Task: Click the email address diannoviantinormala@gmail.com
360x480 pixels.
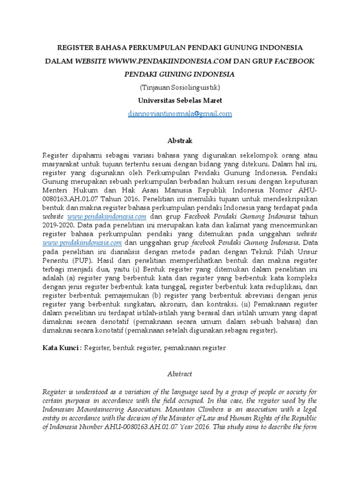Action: pos(180,113)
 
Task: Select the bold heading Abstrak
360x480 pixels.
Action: pos(180,141)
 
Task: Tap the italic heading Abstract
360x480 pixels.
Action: pos(180,374)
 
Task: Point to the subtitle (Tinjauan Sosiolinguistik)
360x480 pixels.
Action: pos(180,87)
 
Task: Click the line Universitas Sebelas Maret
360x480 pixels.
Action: pos(180,100)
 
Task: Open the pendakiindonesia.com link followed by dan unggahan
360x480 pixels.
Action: pos(82,242)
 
